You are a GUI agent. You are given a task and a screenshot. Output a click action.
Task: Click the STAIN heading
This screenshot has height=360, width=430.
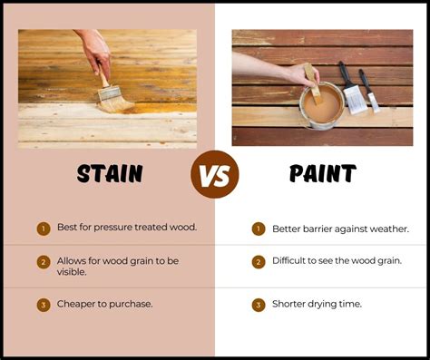(x=109, y=172)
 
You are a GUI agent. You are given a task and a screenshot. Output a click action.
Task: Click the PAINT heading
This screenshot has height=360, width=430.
(x=320, y=172)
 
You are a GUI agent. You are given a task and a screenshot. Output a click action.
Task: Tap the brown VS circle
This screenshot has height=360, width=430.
(x=214, y=174)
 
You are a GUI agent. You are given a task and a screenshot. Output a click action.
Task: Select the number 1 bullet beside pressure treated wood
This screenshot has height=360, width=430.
(x=43, y=229)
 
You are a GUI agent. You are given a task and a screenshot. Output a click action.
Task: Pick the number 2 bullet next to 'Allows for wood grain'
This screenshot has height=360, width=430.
(x=43, y=262)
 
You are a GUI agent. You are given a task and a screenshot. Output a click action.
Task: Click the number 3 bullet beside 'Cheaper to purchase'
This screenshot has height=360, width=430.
(x=43, y=304)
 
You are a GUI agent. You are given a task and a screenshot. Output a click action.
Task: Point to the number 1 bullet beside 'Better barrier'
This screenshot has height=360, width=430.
(x=258, y=229)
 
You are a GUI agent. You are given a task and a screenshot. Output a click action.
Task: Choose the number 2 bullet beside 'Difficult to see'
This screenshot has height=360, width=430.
(x=258, y=262)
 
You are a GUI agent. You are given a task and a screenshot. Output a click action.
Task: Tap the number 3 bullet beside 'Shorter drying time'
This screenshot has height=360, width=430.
(x=258, y=304)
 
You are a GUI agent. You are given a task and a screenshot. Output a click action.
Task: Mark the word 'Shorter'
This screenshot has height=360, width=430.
(x=292, y=304)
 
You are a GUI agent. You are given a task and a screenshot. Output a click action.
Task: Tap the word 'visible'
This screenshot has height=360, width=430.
(x=73, y=271)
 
